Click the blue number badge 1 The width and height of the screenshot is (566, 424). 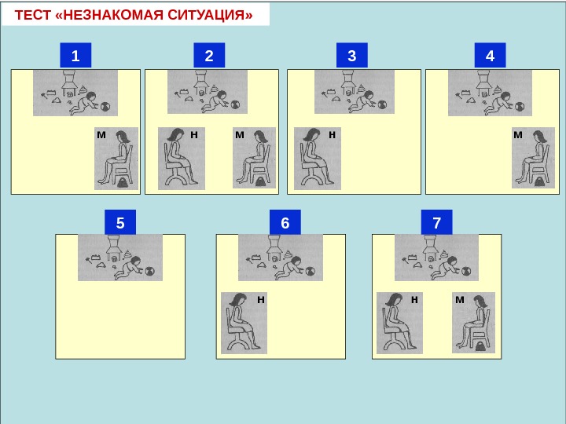(75, 56)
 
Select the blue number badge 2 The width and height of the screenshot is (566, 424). (209, 56)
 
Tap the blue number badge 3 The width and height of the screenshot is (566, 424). (351, 56)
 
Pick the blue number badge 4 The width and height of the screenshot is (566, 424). (491, 56)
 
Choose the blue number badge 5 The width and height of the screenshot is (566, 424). (120, 223)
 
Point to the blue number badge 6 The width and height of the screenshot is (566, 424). (285, 223)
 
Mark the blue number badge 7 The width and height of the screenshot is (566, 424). (437, 223)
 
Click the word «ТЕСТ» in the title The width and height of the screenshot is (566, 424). (34, 14)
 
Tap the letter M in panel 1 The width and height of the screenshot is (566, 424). (101, 135)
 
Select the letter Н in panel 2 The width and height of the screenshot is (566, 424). (193, 135)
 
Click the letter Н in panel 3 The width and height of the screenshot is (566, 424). (332, 135)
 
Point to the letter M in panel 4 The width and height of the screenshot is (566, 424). (517, 135)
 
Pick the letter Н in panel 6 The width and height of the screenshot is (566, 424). (260, 300)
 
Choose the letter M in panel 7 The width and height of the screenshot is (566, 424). (460, 300)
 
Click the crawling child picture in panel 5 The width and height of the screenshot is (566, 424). (120, 258)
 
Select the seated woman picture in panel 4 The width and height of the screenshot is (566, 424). (534, 157)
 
